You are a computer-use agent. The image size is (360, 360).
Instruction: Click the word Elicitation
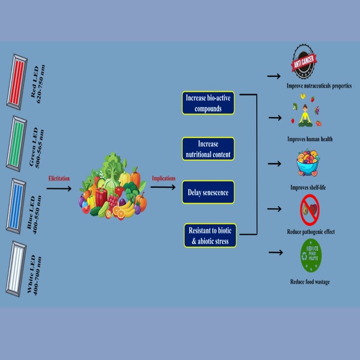point(61,178)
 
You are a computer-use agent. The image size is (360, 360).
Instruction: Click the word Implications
point(164,178)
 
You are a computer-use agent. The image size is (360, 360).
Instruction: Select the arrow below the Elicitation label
point(61,188)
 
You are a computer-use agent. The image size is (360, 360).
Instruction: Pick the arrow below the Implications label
point(163,188)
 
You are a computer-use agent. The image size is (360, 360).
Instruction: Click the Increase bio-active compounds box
point(207,103)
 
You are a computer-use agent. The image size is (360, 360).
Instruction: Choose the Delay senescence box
point(207,192)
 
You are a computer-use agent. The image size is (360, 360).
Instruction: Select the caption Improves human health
point(310,139)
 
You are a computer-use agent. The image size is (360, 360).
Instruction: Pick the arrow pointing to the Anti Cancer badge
point(274,76)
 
